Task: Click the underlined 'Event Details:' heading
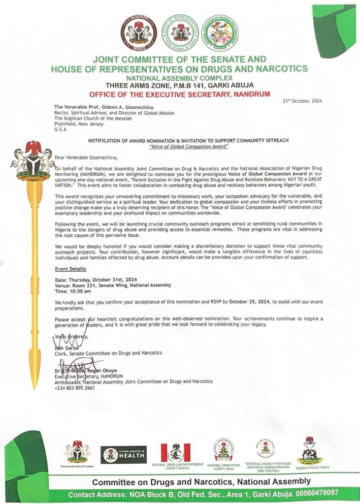coord(71,269)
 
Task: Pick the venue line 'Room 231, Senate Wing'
coord(113,285)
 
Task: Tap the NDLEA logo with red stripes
coord(175,452)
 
